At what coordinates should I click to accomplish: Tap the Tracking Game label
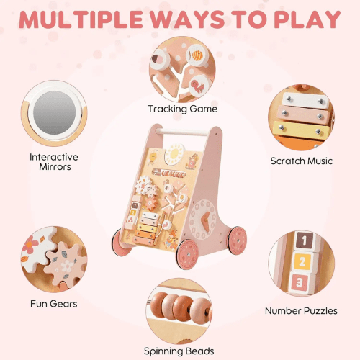click(x=182, y=109)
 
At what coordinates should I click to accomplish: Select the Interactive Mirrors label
click(x=54, y=162)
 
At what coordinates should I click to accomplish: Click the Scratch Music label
click(x=301, y=161)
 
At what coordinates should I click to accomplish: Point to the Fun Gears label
click(x=54, y=303)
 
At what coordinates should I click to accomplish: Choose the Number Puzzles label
click(x=300, y=311)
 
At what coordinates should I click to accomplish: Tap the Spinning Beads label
click(x=180, y=351)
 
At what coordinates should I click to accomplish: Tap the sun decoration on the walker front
click(x=176, y=153)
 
